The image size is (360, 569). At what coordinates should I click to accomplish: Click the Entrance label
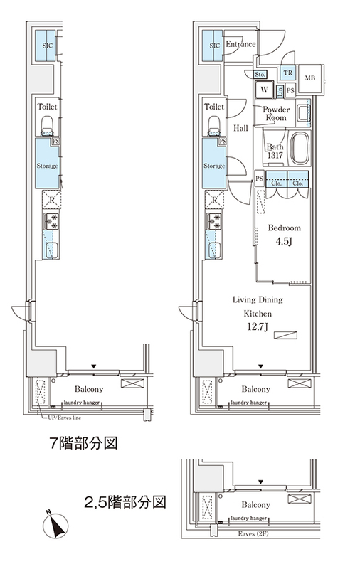(240, 45)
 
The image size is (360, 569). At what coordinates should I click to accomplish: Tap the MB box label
(310, 78)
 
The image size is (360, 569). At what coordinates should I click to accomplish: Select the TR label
(288, 73)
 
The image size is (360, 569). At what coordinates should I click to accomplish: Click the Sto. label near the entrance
(260, 73)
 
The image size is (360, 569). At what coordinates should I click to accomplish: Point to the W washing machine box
(265, 90)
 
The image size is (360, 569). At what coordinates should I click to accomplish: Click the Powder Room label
(276, 113)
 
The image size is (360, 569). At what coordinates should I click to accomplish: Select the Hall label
(240, 128)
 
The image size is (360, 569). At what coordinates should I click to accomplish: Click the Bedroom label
(284, 228)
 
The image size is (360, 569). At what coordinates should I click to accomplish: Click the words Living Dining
(256, 300)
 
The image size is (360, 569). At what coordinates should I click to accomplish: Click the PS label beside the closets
(260, 178)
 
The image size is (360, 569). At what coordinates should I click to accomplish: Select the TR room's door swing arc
(286, 60)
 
